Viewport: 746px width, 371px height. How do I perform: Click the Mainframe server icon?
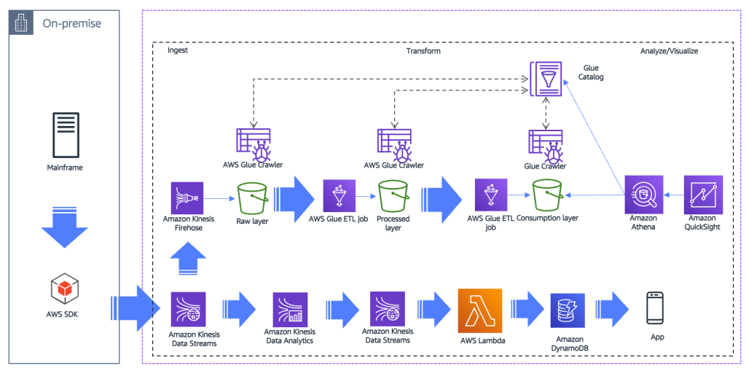coord(65,136)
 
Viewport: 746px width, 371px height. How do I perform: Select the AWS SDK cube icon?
coord(64,289)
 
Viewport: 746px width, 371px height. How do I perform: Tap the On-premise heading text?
coord(71,23)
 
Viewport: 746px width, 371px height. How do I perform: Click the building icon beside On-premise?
coord(23,23)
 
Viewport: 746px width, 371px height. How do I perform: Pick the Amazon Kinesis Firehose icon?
coord(187,197)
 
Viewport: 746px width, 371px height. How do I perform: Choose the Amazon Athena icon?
coord(643,194)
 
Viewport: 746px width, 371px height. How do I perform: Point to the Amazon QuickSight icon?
coord(703,194)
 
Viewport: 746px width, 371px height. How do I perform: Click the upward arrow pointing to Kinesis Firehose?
coord(186,259)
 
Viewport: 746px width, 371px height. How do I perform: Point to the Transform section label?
coord(423,51)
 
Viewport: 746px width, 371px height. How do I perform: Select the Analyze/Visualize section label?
coord(669,51)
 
